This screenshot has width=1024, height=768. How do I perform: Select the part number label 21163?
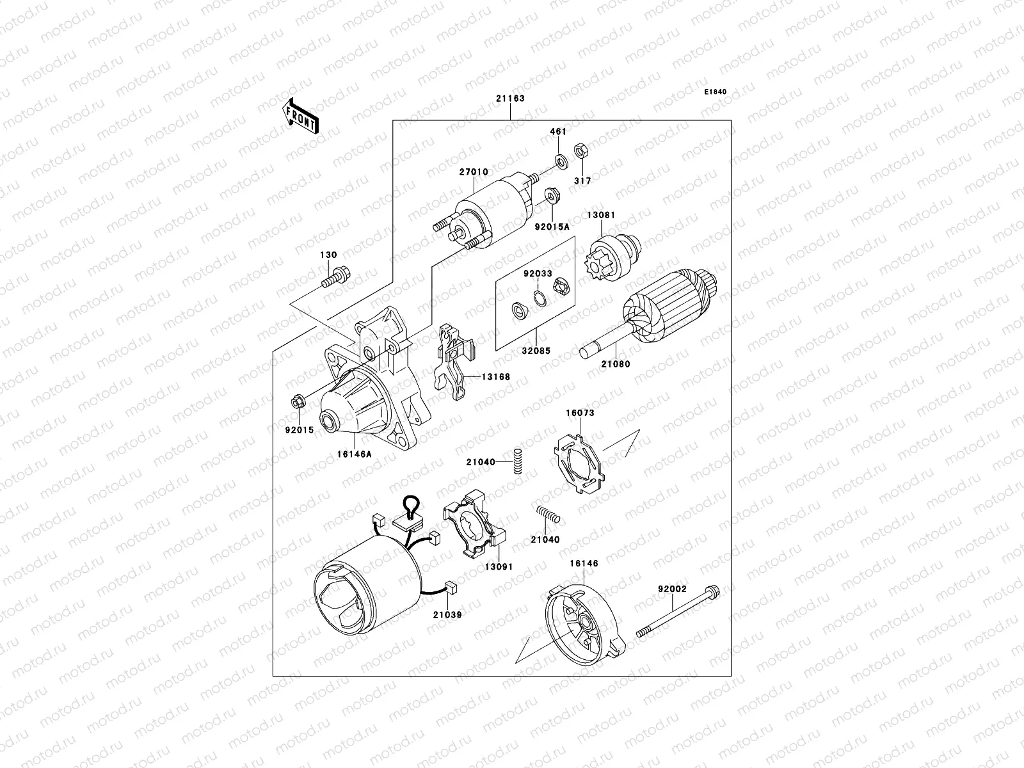(509, 99)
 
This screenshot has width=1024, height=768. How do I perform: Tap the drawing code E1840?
(716, 92)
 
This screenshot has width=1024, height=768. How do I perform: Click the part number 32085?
(535, 351)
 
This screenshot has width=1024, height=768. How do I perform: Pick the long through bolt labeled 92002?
(677, 611)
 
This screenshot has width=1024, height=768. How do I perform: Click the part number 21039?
(446, 614)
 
